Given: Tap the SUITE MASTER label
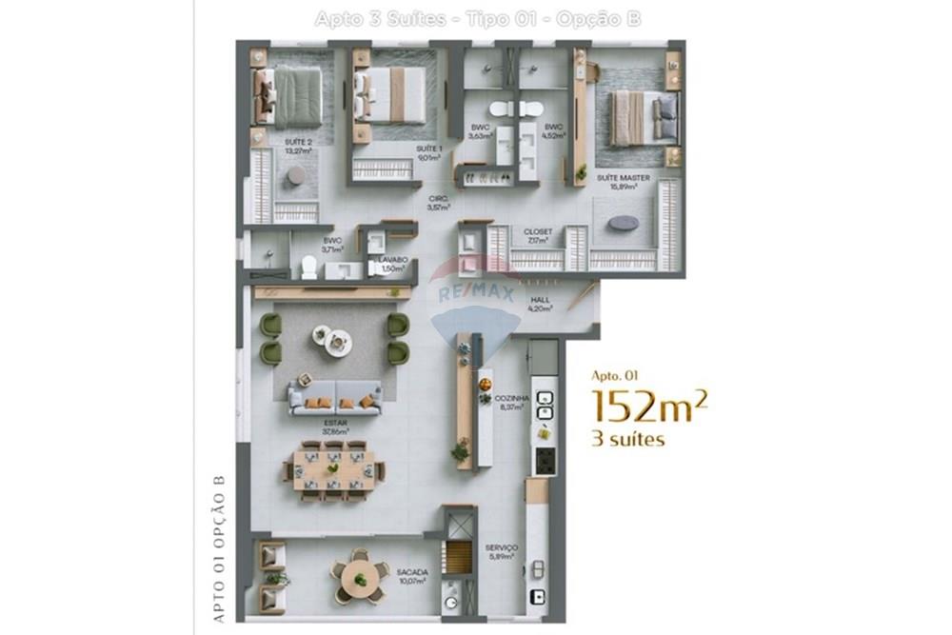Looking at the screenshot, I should [616, 178].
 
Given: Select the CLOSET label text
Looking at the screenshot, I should [537, 231].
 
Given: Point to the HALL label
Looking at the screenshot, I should [568, 300].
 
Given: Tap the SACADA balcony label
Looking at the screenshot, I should [413, 572].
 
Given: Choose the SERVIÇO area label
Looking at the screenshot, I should [501, 547].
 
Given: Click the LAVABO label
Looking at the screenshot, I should [391, 260].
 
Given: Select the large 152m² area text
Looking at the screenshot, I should [650, 406].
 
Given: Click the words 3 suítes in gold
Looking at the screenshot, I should [628, 439].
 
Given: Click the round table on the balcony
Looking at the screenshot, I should [361, 574].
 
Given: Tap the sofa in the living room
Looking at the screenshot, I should [335, 394].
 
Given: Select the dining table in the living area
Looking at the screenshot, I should [333, 468].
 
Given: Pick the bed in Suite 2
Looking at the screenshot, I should [289, 97].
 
